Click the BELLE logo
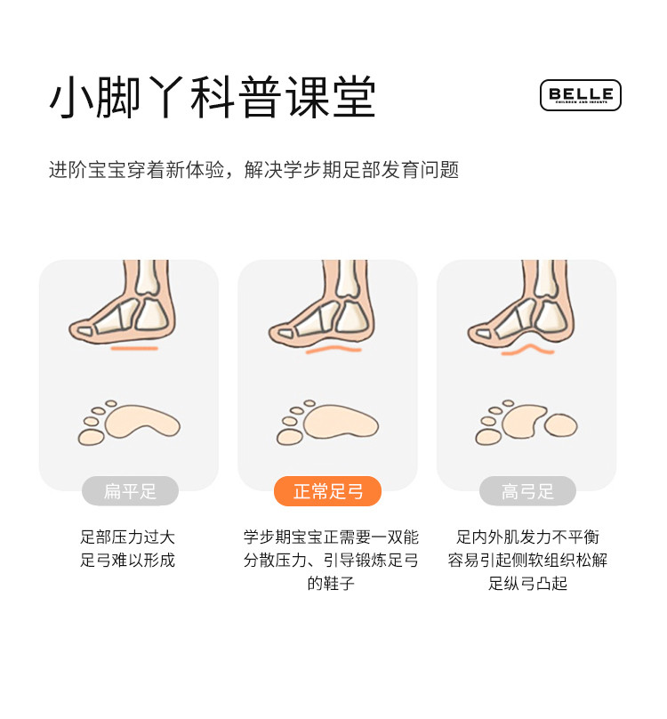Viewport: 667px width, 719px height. pyautogui.click(x=581, y=95)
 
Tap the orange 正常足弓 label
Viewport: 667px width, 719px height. pyautogui.click(x=328, y=491)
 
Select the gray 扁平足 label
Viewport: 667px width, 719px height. pyautogui.click(x=130, y=491)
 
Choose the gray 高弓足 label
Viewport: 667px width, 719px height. pyautogui.click(x=527, y=491)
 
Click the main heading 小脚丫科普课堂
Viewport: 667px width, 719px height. pyautogui.click(x=213, y=97)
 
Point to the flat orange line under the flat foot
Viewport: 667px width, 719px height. pyautogui.click(x=134, y=349)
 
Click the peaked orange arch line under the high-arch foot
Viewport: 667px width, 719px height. pyautogui.click(x=527, y=350)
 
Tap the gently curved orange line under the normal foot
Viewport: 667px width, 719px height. pyautogui.click(x=333, y=350)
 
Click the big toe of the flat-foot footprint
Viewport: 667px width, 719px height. pyautogui.click(x=92, y=438)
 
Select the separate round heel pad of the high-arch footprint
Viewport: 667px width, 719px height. pyautogui.click(x=560, y=424)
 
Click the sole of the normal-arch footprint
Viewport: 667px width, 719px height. pyautogui.click(x=341, y=422)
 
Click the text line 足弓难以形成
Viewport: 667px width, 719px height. pyautogui.click(x=127, y=560)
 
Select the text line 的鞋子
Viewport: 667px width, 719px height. pyautogui.click(x=331, y=583)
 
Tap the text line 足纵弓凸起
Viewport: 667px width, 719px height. pyautogui.click(x=527, y=583)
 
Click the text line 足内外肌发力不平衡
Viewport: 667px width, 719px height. pyautogui.click(x=527, y=537)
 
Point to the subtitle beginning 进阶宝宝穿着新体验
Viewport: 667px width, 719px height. pyautogui.click(x=254, y=170)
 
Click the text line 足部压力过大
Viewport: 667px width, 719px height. pyautogui.click(x=127, y=537)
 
